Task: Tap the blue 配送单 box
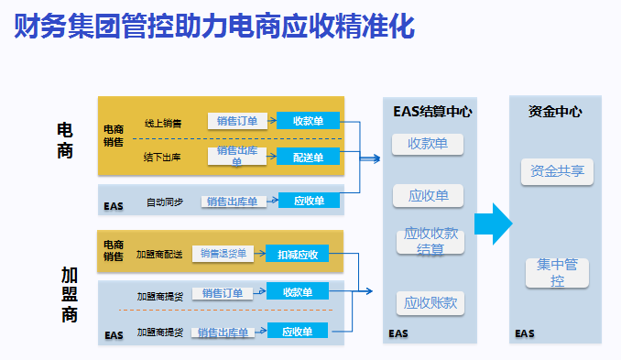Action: pyautogui.click(x=308, y=157)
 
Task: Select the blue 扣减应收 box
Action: pyautogui.click(x=298, y=254)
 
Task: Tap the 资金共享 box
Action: pyautogui.click(x=557, y=171)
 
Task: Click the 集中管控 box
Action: pyautogui.click(x=557, y=273)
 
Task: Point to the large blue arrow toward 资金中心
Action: pyautogui.click(x=492, y=224)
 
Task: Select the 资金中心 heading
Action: pyautogui.click(x=556, y=112)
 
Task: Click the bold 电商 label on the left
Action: pyautogui.click(x=65, y=140)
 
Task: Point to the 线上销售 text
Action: pyautogui.click(x=162, y=122)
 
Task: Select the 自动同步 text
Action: pyautogui.click(x=164, y=202)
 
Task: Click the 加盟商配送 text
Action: pyautogui.click(x=158, y=254)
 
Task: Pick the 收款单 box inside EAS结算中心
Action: pyautogui.click(x=428, y=144)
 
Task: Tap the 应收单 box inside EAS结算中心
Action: pyautogui.click(x=428, y=195)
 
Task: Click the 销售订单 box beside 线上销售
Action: pyautogui.click(x=237, y=121)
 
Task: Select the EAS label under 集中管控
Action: pyautogui.click(x=524, y=333)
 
